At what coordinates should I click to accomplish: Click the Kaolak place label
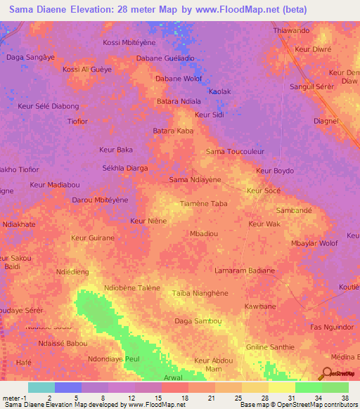pos(219,91)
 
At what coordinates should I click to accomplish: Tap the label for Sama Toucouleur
pos(234,151)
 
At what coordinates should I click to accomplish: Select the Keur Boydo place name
pos(274,171)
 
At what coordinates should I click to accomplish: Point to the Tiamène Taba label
pos(204,204)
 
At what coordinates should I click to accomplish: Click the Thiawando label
pos(290,32)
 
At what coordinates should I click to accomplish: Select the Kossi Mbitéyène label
pos(129,43)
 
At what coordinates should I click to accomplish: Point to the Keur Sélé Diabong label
pos(48,106)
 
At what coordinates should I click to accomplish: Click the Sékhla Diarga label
pos(125,168)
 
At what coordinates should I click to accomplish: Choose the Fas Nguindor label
pos(330,327)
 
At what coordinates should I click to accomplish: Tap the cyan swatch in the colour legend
pos(41,387)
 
